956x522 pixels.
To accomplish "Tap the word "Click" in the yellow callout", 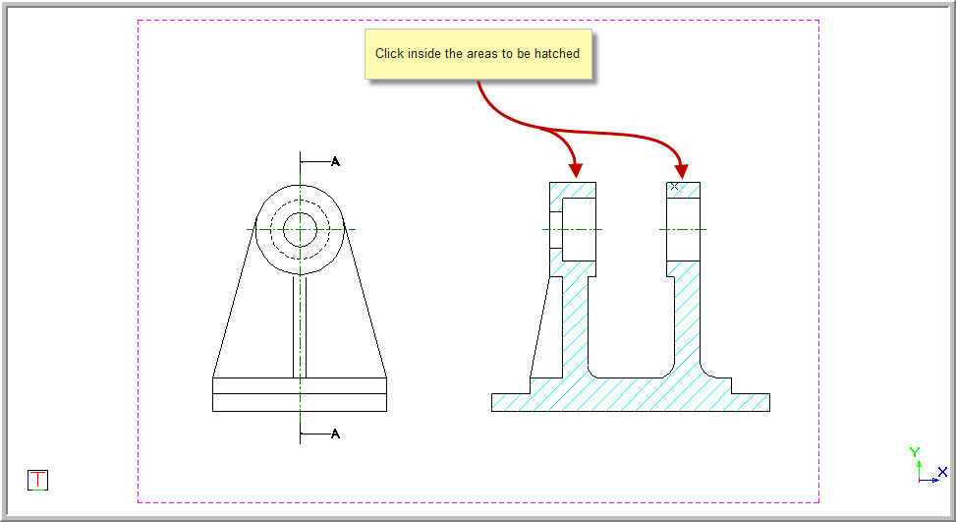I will coord(389,54).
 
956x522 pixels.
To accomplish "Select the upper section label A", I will coord(335,161).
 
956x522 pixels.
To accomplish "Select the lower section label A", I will coord(335,434).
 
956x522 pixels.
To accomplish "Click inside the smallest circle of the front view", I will coord(300,230).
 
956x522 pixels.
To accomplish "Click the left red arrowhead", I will coord(576,169).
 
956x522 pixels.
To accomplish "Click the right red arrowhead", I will coord(681,169).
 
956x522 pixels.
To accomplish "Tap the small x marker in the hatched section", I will coord(674,186).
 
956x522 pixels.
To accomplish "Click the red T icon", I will coord(37,480).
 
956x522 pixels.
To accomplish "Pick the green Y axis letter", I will coord(915,453).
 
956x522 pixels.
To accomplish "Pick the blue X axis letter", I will coord(942,472).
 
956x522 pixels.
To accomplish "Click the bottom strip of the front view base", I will coord(300,402).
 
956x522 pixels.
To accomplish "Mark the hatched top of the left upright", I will coord(573,189).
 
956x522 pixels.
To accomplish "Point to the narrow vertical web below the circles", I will coord(300,324).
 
